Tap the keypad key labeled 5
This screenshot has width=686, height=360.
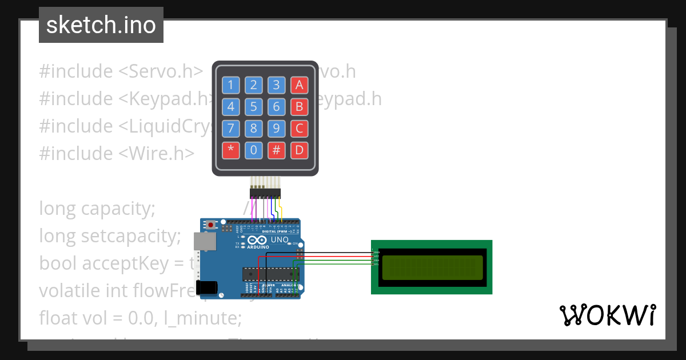click(x=253, y=107)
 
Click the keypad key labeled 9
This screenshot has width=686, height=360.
click(x=276, y=128)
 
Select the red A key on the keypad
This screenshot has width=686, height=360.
click(x=299, y=86)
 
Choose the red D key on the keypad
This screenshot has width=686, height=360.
click(x=299, y=150)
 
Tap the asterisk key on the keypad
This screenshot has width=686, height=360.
click(x=231, y=150)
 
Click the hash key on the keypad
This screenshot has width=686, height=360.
click(x=276, y=150)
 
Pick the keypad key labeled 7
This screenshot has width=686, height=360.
click(x=231, y=128)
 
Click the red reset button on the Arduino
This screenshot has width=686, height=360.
click(x=211, y=225)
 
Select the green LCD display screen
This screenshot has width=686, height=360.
click(x=432, y=267)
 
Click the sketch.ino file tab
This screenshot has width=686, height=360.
click(x=101, y=25)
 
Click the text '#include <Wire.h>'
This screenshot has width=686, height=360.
click(x=117, y=153)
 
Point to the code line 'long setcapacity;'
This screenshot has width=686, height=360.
click(x=110, y=235)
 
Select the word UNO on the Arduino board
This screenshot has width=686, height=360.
click(x=278, y=240)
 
